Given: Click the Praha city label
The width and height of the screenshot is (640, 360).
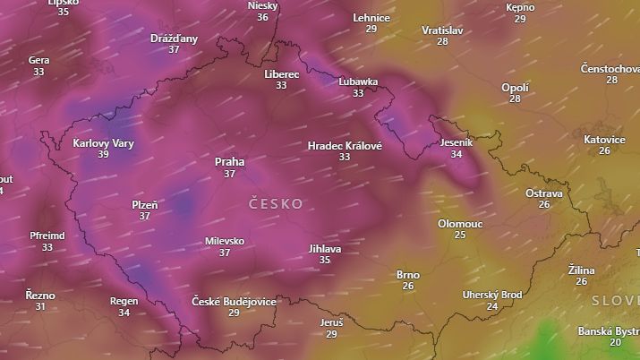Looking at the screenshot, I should (229, 162).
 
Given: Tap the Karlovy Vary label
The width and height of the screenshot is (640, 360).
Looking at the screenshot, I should (103, 143).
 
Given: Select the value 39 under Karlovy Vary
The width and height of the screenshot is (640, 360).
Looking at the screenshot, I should (103, 155).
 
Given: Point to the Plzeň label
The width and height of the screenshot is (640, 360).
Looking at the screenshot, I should (144, 205).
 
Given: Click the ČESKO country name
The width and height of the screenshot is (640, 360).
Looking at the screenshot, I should (276, 204).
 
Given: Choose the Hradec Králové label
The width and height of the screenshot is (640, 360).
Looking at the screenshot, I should (345, 145).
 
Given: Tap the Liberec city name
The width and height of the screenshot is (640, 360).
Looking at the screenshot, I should (281, 74).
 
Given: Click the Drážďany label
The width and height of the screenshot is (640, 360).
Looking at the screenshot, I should (174, 39).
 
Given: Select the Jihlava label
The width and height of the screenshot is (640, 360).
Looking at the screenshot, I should (324, 248).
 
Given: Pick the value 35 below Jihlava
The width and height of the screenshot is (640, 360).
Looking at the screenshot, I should (324, 260).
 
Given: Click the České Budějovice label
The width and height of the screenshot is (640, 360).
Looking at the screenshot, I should (234, 302).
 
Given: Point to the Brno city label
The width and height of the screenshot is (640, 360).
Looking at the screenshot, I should (407, 275).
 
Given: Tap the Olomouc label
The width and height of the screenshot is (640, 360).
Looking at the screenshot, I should (459, 224).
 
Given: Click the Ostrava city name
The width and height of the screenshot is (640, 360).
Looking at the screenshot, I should (543, 193).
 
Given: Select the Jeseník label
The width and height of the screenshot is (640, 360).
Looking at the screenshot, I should (457, 142).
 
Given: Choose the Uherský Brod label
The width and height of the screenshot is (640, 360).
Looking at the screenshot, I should (491, 295).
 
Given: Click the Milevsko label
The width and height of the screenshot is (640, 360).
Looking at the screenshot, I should (225, 241).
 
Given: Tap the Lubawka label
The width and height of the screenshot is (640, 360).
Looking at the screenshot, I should (358, 81).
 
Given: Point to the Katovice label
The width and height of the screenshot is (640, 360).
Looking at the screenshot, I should (604, 140).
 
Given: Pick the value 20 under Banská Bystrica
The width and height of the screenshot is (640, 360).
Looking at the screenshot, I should (615, 342).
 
